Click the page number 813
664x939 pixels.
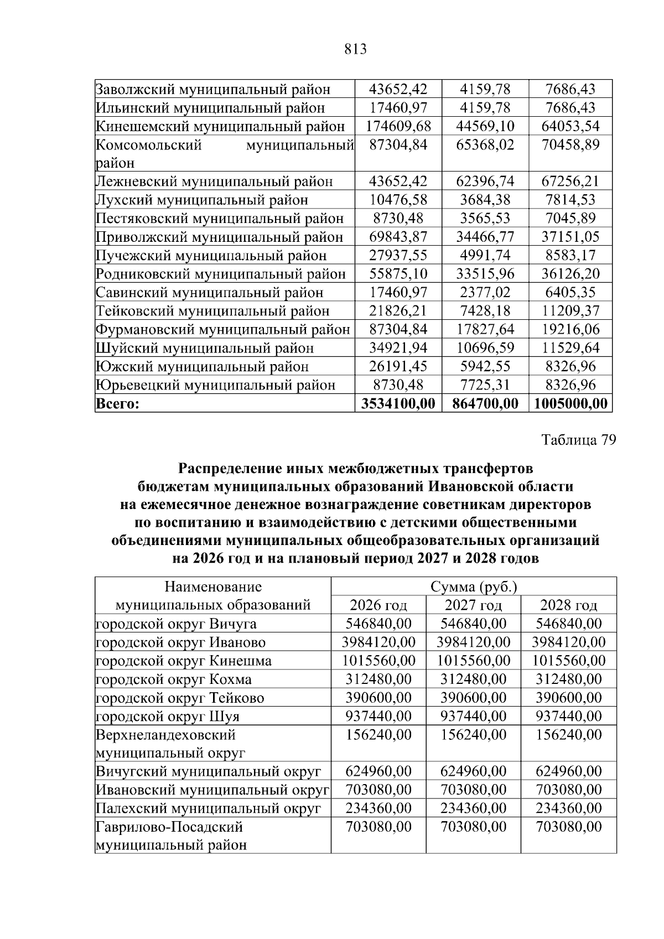[x=355, y=50]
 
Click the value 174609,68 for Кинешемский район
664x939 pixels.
[x=398, y=126]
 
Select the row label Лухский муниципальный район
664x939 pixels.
[x=202, y=200]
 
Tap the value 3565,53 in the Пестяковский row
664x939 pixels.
[x=485, y=219]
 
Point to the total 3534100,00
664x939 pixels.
[x=398, y=403]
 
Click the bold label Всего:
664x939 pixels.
[x=117, y=404]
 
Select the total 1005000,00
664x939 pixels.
[x=570, y=403]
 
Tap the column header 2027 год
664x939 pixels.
[x=473, y=605]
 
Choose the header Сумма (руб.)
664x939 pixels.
[x=473, y=587]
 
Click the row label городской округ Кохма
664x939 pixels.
[x=174, y=679]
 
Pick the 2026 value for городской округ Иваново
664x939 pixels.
[x=378, y=642]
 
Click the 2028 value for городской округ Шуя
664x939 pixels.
[x=568, y=717]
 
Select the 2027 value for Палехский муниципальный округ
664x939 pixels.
[x=473, y=808]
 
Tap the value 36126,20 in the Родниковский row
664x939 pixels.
[x=570, y=274]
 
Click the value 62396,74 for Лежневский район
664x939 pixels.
[x=485, y=181]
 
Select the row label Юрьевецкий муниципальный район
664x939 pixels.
[x=216, y=385]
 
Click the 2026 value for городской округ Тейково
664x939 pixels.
[x=378, y=698]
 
